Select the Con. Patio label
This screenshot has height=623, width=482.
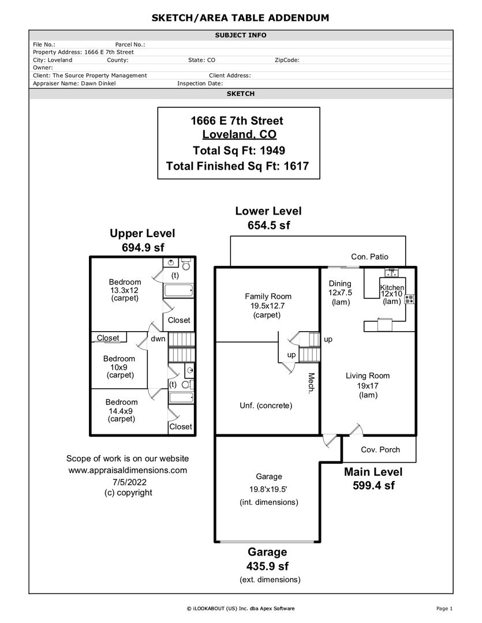click(369, 257)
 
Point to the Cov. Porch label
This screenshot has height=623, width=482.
click(380, 450)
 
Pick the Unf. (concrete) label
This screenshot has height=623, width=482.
click(266, 406)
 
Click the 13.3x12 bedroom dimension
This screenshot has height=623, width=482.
click(125, 290)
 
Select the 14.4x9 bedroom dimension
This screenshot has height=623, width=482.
click(121, 411)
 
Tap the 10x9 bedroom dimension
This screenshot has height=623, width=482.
click(119, 367)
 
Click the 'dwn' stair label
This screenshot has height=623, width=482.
click(158, 339)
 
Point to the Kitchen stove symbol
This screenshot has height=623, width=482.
click(409, 299)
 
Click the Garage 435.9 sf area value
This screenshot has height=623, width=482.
click(267, 566)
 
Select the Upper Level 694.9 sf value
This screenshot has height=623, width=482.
click(142, 247)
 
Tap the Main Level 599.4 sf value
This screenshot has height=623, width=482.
click(373, 486)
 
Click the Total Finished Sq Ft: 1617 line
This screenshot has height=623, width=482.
click(237, 166)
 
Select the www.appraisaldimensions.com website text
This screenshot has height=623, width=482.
click(128, 470)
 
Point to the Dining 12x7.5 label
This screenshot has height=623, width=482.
click(340, 292)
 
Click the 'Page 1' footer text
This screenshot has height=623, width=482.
click(444, 608)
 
